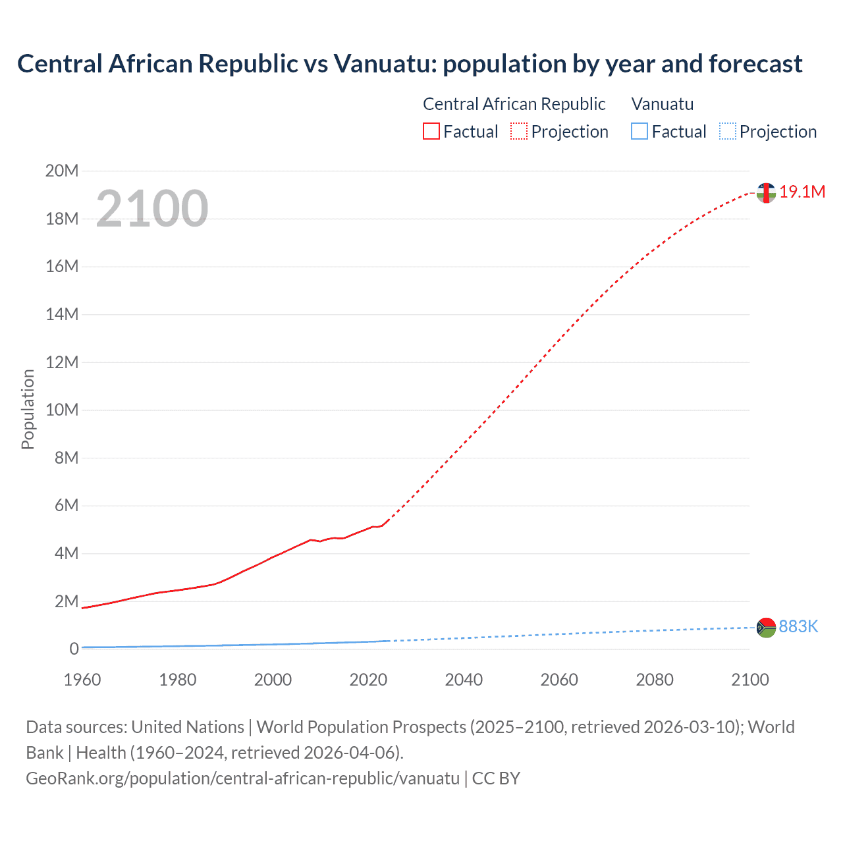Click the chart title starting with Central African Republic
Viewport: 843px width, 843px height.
[x=410, y=64]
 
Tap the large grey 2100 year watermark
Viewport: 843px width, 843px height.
[x=152, y=209]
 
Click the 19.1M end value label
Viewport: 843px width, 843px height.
[x=802, y=192]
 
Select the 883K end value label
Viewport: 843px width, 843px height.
[x=798, y=626]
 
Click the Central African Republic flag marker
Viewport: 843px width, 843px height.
[x=766, y=193]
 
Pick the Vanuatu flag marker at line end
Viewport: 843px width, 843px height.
[x=766, y=628]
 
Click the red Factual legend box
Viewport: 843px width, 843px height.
[x=431, y=132]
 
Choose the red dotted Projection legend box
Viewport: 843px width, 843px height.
[x=519, y=132]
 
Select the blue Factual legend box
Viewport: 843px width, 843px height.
[x=639, y=132]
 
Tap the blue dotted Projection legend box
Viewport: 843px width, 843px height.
[x=728, y=132]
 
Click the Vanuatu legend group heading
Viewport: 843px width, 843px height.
[x=662, y=104]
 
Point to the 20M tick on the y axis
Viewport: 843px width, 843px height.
[x=62, y=171]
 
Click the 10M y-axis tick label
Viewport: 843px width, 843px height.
[x=62, y=410]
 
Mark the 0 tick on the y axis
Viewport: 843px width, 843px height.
[x=74, y=649]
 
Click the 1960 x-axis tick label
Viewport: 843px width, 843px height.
[x=82, y=680]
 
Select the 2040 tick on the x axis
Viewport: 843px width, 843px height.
[x=464, y=680]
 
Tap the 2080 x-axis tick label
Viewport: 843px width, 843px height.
[x=655, y=680]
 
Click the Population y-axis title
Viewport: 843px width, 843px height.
[x=28, y=409]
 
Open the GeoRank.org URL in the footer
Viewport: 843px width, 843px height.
[x=242, y=778]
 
